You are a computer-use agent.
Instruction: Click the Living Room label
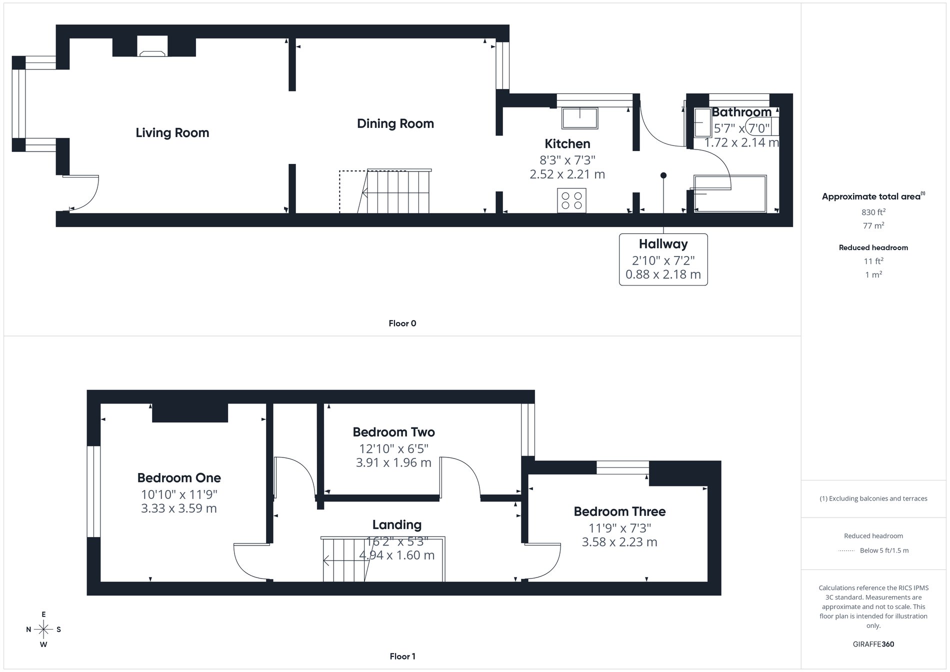[172, 133]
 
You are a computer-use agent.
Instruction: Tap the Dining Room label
[395, 124]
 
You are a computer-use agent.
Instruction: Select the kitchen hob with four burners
[571, 200]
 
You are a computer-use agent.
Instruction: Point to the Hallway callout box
[663, 259]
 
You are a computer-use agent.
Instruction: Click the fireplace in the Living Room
[152, 48]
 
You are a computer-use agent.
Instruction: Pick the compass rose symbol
[43, 629]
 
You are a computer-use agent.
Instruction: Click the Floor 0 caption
[402, 323]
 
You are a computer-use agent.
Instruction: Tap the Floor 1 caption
[402, 656]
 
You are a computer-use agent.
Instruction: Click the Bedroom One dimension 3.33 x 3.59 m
[178, 508]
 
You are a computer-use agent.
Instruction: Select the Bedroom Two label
[393, 432]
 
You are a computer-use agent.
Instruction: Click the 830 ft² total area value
[873, 212]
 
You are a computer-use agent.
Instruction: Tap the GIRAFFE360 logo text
[873, 644]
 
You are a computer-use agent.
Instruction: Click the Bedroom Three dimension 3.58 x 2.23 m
[619, 542]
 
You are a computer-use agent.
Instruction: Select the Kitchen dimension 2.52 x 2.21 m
[567, 174]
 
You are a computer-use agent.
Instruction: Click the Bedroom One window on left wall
[93, 491]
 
